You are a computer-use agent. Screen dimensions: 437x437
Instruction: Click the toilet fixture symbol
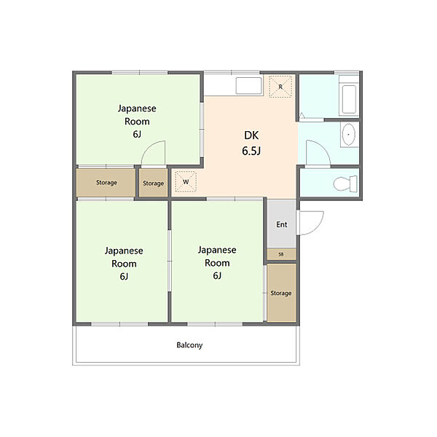(345, 184)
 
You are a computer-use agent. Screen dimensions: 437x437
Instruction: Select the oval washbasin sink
(348, 135)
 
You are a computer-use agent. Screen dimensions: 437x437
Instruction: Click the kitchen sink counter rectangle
(249, 86)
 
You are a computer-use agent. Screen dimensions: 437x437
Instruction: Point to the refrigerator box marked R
(280, 87)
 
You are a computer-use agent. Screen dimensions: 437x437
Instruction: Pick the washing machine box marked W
(186, 181)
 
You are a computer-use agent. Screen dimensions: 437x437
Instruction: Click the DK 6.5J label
(251, 143)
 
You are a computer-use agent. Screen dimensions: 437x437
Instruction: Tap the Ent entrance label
(281, 224)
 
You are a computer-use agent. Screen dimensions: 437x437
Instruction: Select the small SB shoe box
(281, 254)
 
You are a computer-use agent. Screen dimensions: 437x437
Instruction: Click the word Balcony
(189, 345)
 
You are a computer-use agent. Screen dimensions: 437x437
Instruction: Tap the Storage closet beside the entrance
(281, 293)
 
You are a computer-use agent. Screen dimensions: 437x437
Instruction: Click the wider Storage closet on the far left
(106, 183)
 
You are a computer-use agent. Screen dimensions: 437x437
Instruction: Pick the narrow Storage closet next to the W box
(153, 183)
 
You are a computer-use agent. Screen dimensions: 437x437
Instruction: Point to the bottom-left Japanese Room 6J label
(124, 264)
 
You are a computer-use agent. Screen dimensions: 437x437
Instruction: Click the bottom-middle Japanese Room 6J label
(217, 262)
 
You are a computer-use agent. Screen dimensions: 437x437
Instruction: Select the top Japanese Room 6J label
(137, 121)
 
